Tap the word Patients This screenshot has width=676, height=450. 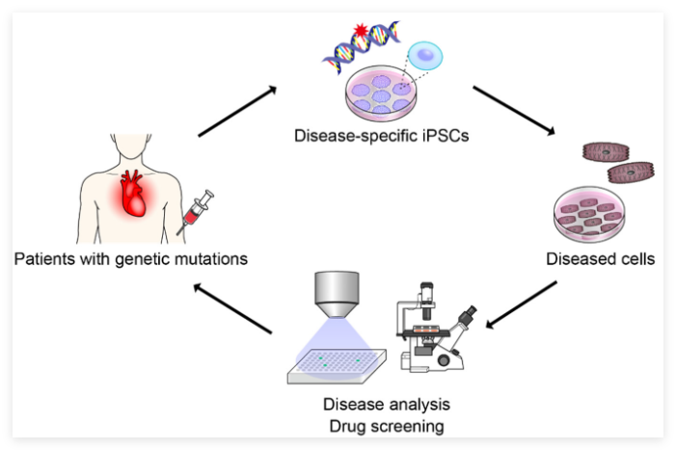(42, 259)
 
